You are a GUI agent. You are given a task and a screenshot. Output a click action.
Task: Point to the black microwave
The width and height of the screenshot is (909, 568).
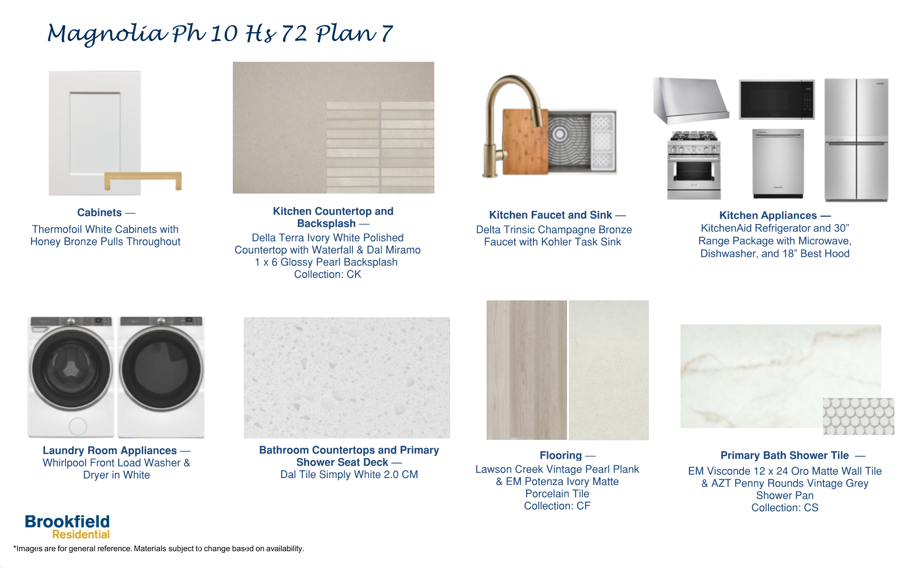776,100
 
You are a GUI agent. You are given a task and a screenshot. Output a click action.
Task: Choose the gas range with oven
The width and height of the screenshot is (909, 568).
693,165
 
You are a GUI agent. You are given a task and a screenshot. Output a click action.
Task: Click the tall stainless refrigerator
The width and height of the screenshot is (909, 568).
856,140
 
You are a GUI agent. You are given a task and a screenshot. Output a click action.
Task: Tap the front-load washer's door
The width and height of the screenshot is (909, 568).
71,369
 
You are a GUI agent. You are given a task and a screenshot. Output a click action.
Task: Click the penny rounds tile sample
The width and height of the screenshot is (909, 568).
858,416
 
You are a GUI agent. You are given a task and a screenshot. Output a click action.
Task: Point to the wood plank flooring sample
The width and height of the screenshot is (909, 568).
526,370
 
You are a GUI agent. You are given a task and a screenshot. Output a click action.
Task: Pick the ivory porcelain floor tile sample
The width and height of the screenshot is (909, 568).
608,370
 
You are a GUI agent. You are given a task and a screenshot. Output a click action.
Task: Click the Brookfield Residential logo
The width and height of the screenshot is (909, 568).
67,527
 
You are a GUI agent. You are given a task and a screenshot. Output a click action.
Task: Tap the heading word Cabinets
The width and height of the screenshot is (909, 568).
100,213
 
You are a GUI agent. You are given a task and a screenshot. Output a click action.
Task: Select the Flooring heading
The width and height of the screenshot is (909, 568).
561,455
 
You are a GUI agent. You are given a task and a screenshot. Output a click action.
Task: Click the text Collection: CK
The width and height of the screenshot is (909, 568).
327,274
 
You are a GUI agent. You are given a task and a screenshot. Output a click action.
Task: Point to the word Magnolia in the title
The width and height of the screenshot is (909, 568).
107,35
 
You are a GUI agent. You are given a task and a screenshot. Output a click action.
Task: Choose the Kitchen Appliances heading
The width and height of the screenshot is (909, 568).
768,215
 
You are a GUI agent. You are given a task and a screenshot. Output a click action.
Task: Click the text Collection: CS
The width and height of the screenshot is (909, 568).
784,508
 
